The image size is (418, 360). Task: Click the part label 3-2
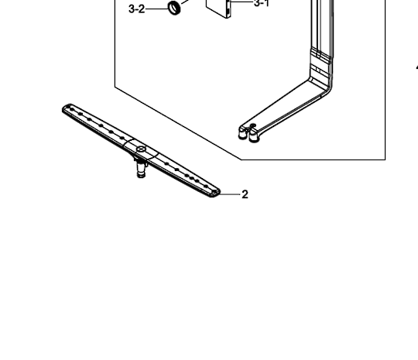click(x=135, y=9)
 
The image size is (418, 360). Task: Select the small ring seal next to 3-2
click(x=174, y=9)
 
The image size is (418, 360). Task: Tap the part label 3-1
click(x=261, y=4)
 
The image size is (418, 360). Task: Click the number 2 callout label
click(x=245, y=194)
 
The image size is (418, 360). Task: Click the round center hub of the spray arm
click(x=140, y=147)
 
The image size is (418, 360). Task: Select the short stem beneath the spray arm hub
click(x=140, y=166)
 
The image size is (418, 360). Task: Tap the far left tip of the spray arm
click(x=66, y=108)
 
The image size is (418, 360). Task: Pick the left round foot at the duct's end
click(x=244, y=133)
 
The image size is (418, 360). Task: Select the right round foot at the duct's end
click(x=253, y=136)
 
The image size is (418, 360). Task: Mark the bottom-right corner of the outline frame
click(x=385, y=159)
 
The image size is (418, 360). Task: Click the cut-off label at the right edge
click(x=416, y=68)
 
